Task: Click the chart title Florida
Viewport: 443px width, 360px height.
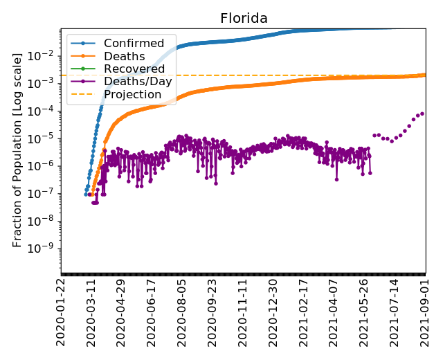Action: (244, 18)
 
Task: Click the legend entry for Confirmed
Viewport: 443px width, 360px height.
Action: (134, 44)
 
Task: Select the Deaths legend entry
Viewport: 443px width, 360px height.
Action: (124, 56)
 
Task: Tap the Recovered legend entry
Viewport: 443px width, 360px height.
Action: (134, 69)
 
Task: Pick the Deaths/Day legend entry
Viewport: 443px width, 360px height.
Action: (138, 81)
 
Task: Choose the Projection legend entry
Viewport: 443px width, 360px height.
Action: (132, 94)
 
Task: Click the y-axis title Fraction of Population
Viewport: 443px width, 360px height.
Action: (18, 149)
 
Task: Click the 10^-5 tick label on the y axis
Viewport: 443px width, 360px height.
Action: (45, 138)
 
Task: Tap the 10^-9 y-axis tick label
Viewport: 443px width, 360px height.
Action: (45, 249)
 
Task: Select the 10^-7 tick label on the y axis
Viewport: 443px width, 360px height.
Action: (45, 193)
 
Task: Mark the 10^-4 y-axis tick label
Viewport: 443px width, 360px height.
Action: (45, 111)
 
